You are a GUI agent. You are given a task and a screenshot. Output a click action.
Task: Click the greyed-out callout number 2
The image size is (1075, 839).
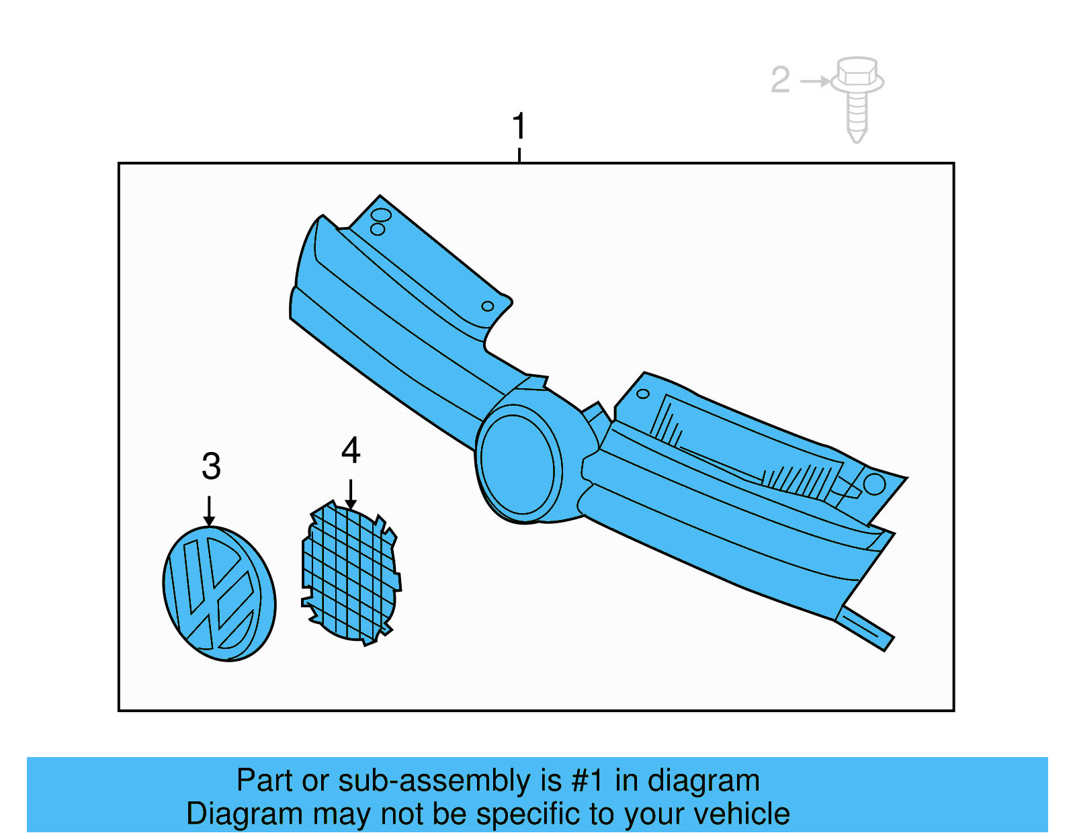780,79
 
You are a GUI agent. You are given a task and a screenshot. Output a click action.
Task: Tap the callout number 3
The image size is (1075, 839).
211,466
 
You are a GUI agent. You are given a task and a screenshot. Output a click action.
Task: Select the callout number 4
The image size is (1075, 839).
351,450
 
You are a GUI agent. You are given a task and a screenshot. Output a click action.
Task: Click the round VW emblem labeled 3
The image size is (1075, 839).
219,593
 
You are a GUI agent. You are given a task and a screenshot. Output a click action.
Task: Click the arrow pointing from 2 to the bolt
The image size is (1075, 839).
815,81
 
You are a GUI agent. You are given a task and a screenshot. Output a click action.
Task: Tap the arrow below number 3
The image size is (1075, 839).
209,511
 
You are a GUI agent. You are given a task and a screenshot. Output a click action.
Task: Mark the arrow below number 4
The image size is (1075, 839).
351,494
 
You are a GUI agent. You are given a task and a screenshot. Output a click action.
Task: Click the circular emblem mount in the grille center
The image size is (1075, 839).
518,464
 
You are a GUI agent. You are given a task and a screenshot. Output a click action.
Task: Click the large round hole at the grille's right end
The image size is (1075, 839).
874,484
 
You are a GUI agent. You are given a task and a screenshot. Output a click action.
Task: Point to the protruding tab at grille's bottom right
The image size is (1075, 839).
865,628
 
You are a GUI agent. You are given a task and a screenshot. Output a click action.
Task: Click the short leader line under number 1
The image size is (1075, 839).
519,154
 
